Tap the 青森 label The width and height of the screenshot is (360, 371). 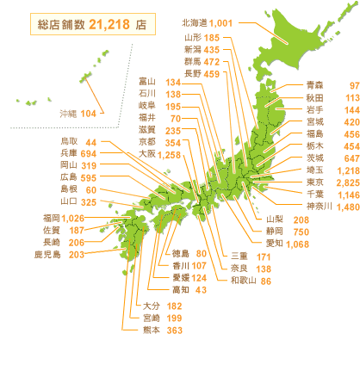point(317,86)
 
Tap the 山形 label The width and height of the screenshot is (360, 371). point(193,39)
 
